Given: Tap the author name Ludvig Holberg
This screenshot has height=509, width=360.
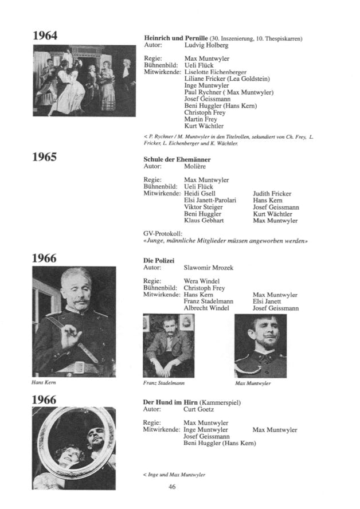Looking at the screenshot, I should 206,45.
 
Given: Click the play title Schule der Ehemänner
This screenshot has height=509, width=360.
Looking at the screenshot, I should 177,159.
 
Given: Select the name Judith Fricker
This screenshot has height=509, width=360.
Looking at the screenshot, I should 272,194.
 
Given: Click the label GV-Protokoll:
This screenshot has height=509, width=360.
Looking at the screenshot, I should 162,234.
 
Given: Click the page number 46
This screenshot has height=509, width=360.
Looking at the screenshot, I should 172,487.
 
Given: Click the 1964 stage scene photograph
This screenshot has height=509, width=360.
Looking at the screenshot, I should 84,81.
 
